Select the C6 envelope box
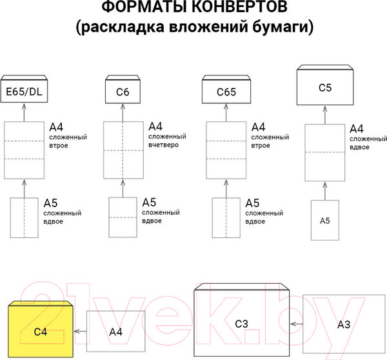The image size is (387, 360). (123, 92)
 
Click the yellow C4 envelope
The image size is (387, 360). (41, 330)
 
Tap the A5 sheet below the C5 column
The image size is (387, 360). (325, 220)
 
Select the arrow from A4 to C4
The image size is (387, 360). (80, 331)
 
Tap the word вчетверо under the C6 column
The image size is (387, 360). (164, 146)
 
